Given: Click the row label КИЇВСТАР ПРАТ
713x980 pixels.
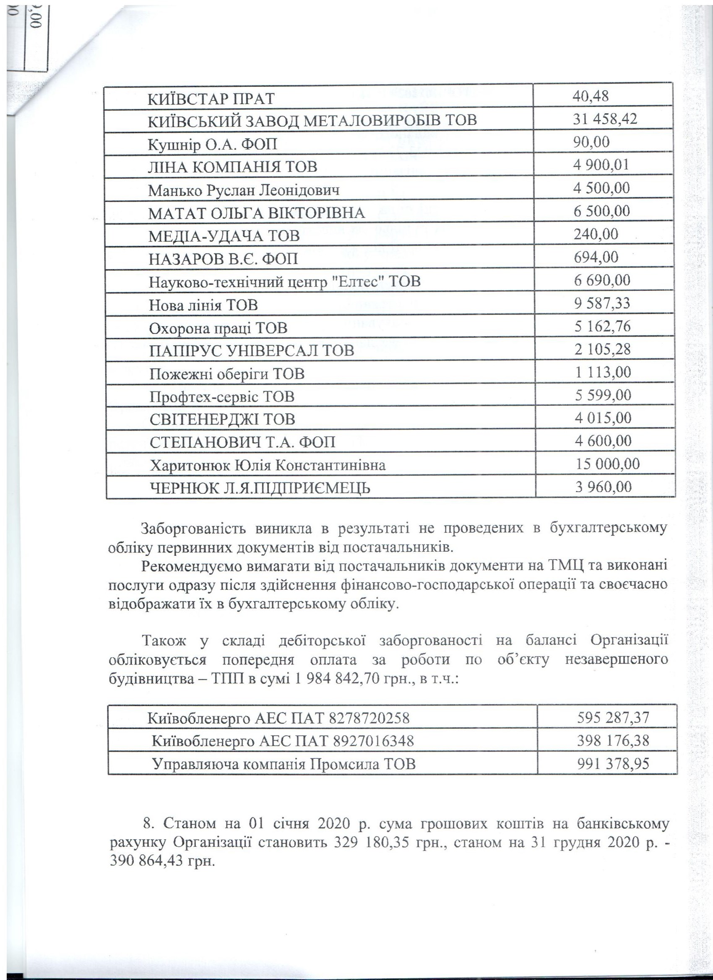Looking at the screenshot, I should pos(211,99).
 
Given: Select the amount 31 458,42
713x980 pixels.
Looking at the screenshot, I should pos(605,119).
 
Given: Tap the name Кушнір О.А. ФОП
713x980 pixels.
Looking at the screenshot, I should pos(212,144).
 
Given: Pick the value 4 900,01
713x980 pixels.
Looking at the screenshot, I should pos(601,165).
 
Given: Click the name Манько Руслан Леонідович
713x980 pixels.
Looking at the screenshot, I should pos(244,190).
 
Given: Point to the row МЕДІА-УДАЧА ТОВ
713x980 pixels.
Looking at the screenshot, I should pos(224,236).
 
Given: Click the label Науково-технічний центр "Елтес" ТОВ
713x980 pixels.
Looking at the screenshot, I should pos(284,282).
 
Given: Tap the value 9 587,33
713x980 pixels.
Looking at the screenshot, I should pos(602,303).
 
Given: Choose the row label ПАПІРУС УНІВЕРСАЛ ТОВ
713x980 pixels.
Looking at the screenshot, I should pos(252,350).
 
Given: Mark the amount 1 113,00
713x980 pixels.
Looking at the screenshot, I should pos(603,372).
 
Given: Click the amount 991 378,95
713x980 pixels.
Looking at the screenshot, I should pos(613,764).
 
